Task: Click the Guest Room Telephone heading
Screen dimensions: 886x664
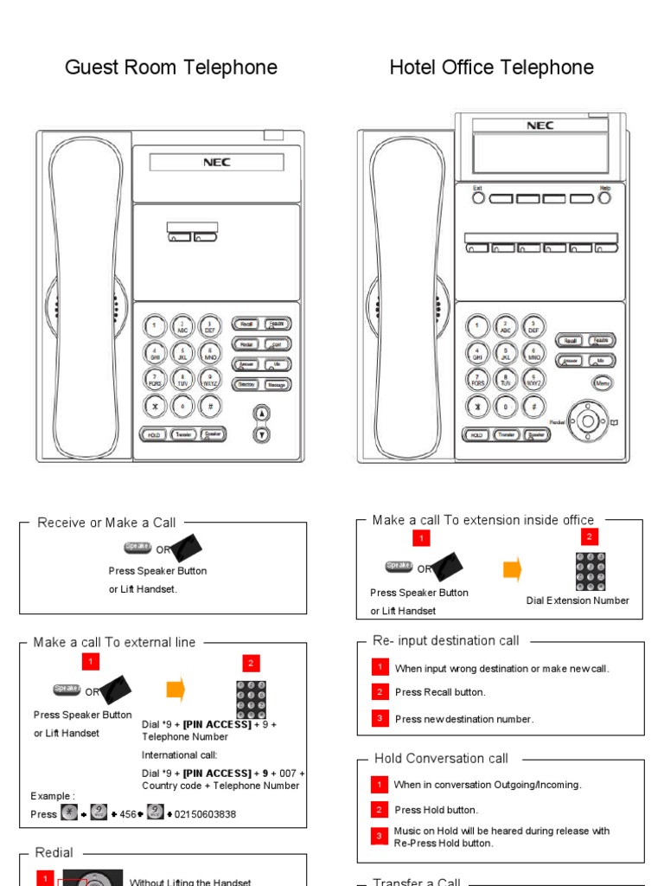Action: coord(171,67)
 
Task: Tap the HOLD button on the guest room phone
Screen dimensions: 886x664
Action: coord(154,434)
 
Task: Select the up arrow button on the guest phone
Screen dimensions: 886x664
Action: coord(262,414)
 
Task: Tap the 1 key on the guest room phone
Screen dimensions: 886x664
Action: coord(155,326)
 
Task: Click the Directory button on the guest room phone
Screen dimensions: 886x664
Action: coord(246,384)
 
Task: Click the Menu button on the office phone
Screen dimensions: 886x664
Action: coord(603,382)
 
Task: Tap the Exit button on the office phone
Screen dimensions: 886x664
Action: coord(478,198)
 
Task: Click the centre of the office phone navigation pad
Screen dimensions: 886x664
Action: coord(588,421)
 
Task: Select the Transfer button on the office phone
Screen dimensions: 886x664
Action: coord(507,434)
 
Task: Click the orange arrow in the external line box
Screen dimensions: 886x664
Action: coord(176,690)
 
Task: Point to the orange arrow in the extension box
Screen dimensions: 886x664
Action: coord(513,569)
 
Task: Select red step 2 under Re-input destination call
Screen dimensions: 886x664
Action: coord(380,692)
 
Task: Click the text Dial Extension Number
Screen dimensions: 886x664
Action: coord(578,600)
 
